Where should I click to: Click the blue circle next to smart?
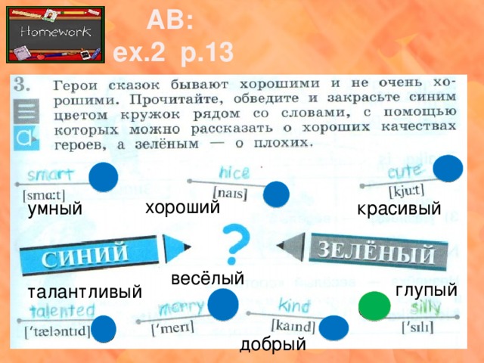103,178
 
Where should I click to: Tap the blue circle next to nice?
277,194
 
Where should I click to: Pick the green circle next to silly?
374,306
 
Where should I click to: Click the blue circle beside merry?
223,306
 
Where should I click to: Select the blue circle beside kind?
334,327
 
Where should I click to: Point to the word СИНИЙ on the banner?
96,256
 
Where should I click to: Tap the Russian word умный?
54,209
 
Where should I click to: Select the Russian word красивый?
399,209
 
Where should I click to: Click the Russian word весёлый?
207,278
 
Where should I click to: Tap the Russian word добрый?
272,345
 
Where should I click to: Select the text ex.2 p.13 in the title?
174,52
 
